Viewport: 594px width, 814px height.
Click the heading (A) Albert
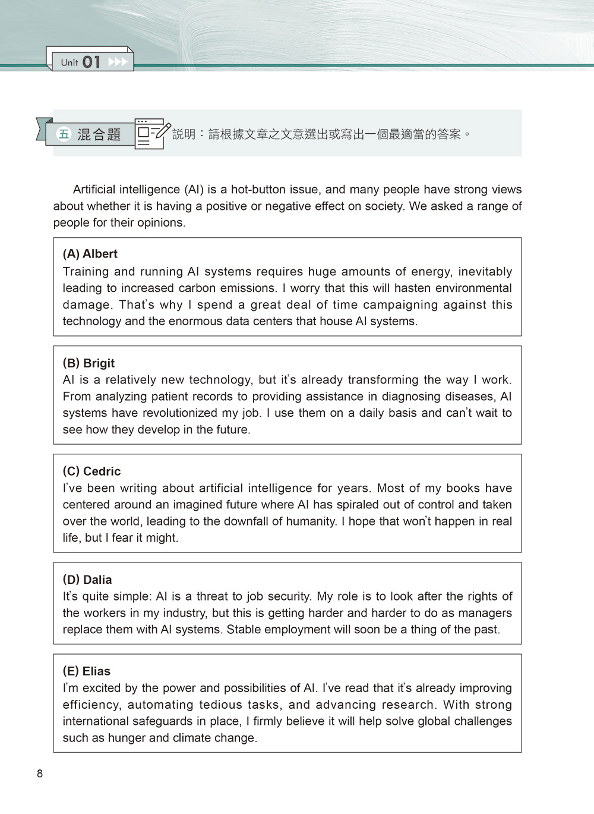pos(90,254)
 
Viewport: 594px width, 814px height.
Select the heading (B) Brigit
pos(89,363)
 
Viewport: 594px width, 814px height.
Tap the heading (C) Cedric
pos(91,472)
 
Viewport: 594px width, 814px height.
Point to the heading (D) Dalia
pos(87,580)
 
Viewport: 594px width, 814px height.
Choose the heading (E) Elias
pos(87,671)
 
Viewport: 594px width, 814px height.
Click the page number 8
pos(40,774)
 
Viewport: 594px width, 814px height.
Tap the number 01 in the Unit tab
pos(91,62)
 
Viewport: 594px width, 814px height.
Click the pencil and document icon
pos(151,133)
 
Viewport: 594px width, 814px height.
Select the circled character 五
pos(64,134)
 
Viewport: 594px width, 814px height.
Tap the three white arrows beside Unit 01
pos(118,62)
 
